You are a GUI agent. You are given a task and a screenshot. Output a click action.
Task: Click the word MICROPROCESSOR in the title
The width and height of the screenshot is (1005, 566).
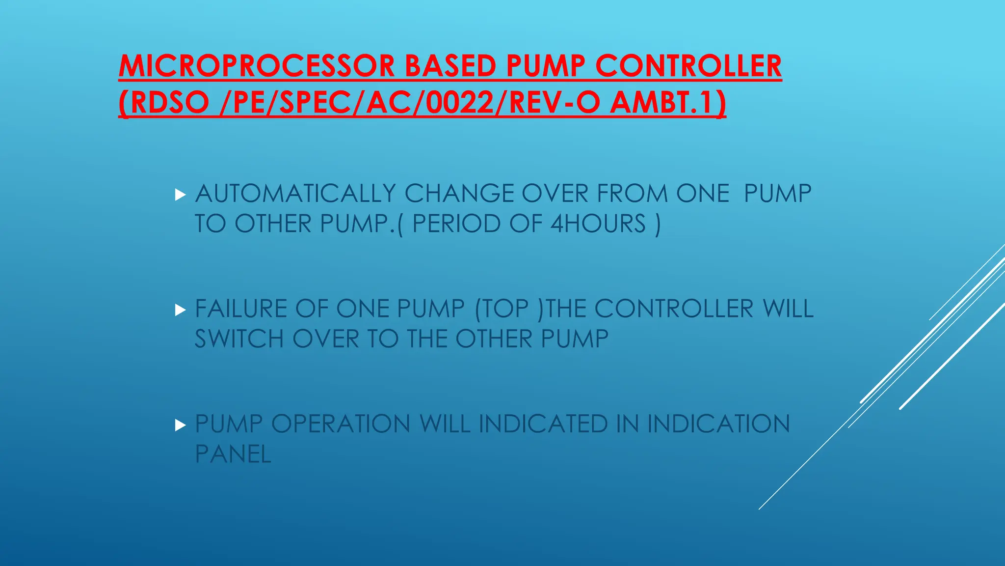pos(257,66)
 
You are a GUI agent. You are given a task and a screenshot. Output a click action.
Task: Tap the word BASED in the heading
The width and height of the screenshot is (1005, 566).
pos(450,66)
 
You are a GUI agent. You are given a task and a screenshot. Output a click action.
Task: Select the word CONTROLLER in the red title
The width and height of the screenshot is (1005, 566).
pos(688,66)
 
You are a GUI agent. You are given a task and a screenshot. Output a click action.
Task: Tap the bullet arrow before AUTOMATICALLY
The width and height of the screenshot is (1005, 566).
pos(180,195)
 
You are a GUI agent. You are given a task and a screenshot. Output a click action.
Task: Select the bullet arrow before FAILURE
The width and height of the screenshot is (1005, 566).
pos(180,310)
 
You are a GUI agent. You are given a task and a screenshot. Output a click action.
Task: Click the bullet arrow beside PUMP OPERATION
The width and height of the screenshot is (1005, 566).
pos(180,425)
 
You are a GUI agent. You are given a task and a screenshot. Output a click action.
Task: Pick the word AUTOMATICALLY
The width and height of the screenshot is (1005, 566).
pos(295,194)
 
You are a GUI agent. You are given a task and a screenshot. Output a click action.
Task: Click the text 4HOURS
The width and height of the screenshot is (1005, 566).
pos(598,224)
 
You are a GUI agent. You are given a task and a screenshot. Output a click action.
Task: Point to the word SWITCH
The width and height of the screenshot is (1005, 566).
pos(239,339)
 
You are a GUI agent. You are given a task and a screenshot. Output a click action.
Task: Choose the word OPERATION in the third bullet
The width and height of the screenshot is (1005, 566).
pos(341,424)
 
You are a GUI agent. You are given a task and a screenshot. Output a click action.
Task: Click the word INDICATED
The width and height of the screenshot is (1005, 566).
pos(543,424)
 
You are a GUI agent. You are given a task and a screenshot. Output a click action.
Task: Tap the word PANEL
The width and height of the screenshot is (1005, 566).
pos(233,454)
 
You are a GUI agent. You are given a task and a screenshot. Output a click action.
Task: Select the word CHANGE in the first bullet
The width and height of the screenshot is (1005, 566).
pos(459,194)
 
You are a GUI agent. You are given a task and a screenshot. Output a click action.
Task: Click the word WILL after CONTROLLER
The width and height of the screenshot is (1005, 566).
pos(788,309)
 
